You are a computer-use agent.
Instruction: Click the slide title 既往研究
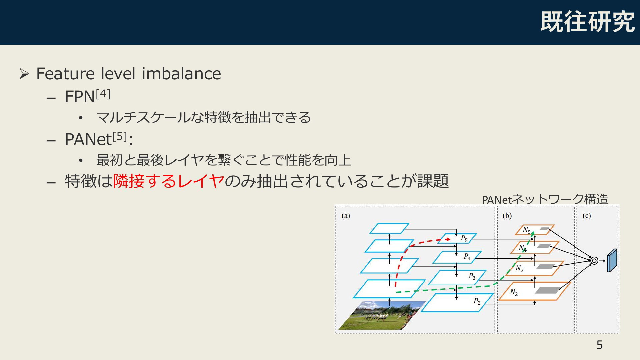pos(587,22)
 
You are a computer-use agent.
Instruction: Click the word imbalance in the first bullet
pos(181,74)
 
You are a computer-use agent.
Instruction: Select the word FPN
pos(80,97)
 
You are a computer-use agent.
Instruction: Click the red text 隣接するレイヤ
pos(169,181)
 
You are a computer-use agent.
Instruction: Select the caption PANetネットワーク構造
pos(545,199)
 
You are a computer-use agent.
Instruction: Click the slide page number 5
pos(600,345)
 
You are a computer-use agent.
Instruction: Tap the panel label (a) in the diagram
pos(346,216)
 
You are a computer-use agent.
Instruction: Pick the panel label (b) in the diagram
pos(507,216)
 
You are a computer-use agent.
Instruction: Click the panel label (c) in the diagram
pos(587,216)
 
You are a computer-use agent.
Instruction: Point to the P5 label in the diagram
pos(464,239)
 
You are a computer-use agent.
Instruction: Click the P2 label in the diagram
pos(477,301)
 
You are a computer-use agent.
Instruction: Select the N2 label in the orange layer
pos(514,293)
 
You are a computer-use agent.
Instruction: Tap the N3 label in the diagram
pos(520,268)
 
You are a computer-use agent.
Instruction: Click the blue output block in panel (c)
pos(612,261)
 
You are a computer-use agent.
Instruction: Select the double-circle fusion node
pos(594,261)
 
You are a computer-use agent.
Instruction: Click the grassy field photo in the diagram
pos(382,315)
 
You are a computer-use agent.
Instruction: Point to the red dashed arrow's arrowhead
pos(448,239)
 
